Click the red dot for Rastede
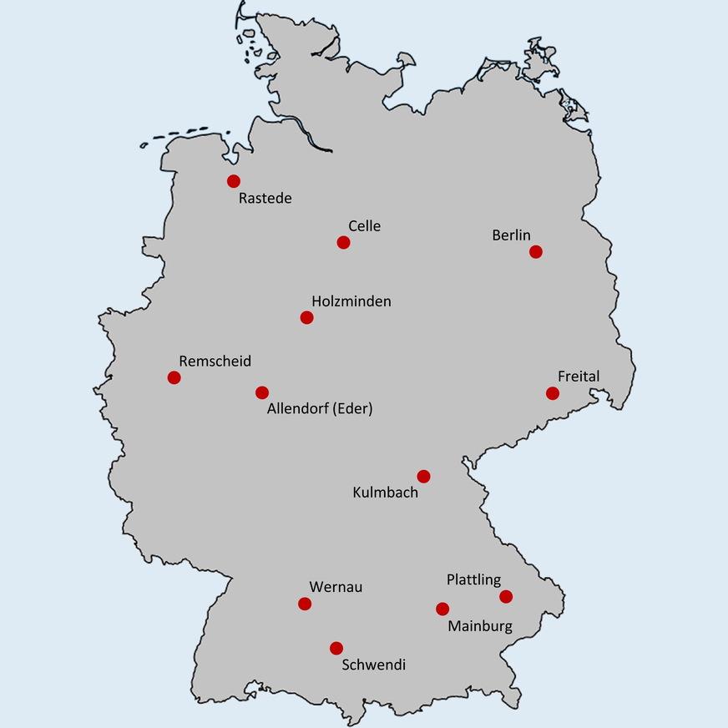pyautogui.click(x=234, y=181)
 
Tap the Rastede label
pyautogui.click(x=265, y=199)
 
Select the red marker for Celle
pyautogui.click(x=343, y=242)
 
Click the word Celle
pyautogui.click(x=364, y=226)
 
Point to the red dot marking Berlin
pyautogui.click(x=535, y=251)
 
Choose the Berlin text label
pyautogui.click(x=511, y=236)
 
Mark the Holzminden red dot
pyautogui.click(x=306, y=317)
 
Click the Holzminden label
pyautogui.click(x=351, y=301)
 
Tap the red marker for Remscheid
pyautogui.click(x=174, y=377)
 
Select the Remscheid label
pyautogui.click(x=215, y=361)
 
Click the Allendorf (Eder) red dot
pyautogui.click(x=262, y=392)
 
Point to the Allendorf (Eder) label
pyautogui.click(x=320, y=410)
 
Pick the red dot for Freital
pyautogui.click(x=552, y=393)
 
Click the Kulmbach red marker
pyautogui.click(x=423, y=476)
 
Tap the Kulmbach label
pyautogui.click(x=386, y=493)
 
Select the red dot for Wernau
pyautogui.click(x=304, y=604)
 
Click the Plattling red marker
pyautogui.click(x=505, y=596)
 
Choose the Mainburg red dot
pyautogui.click(x=442, y=609)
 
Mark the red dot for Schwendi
pyautogui.click(x=336, y=648)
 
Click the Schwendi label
pyautogui.click(x=374, y=665)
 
